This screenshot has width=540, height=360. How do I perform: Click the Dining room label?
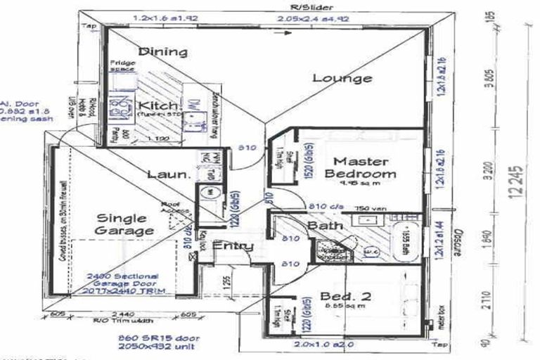[162, 51]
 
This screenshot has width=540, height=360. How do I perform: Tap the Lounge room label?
[342, 77]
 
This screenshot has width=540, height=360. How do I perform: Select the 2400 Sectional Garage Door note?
[124, 283]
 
